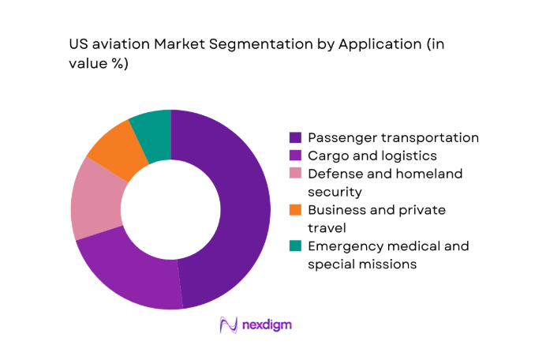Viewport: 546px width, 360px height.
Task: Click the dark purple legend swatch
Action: [x=295, y=137]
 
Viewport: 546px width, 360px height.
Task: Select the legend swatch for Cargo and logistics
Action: [x=295, y=156]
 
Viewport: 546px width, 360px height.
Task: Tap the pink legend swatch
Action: [x=295, y=174]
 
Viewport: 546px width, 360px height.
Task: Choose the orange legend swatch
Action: [x=295, y=210]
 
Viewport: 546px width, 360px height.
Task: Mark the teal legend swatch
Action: [x=295, y=246]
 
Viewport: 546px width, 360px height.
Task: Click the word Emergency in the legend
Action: [x=344, y=246]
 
